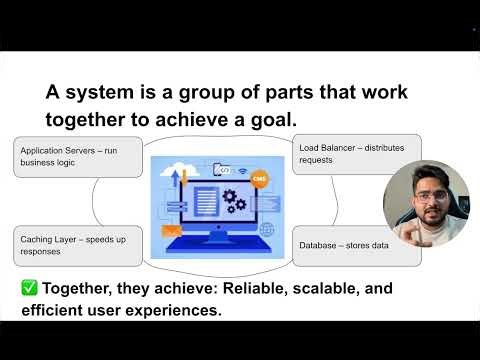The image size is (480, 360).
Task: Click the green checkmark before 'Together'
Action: click(x=30, y=288)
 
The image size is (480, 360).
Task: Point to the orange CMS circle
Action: click(x=260, y=177)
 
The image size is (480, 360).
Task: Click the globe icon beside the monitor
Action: click(x=266, y=229)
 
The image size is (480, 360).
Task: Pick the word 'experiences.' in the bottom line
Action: click(x=175, y=310)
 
